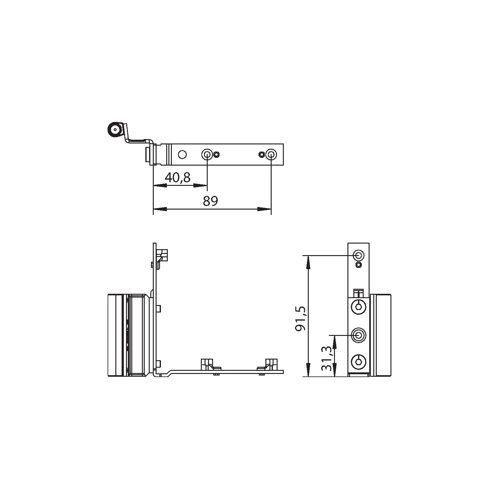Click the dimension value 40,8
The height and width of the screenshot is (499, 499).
(x=177, y=178)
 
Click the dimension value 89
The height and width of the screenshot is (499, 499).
(x=210, y=201)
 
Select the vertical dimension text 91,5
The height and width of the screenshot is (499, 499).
(x=300, y=319)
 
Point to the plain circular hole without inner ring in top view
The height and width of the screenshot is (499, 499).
(x=182, y=154)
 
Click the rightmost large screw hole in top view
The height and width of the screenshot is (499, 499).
(x=271, y=154)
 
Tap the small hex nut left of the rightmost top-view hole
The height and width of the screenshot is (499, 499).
(x=261, y=154)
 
